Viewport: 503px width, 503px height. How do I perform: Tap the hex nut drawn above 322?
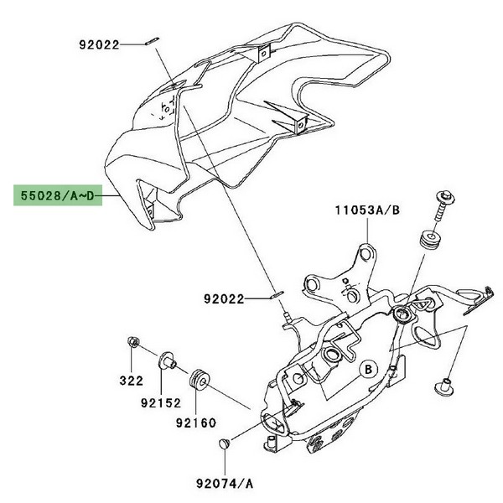point(132,342)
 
